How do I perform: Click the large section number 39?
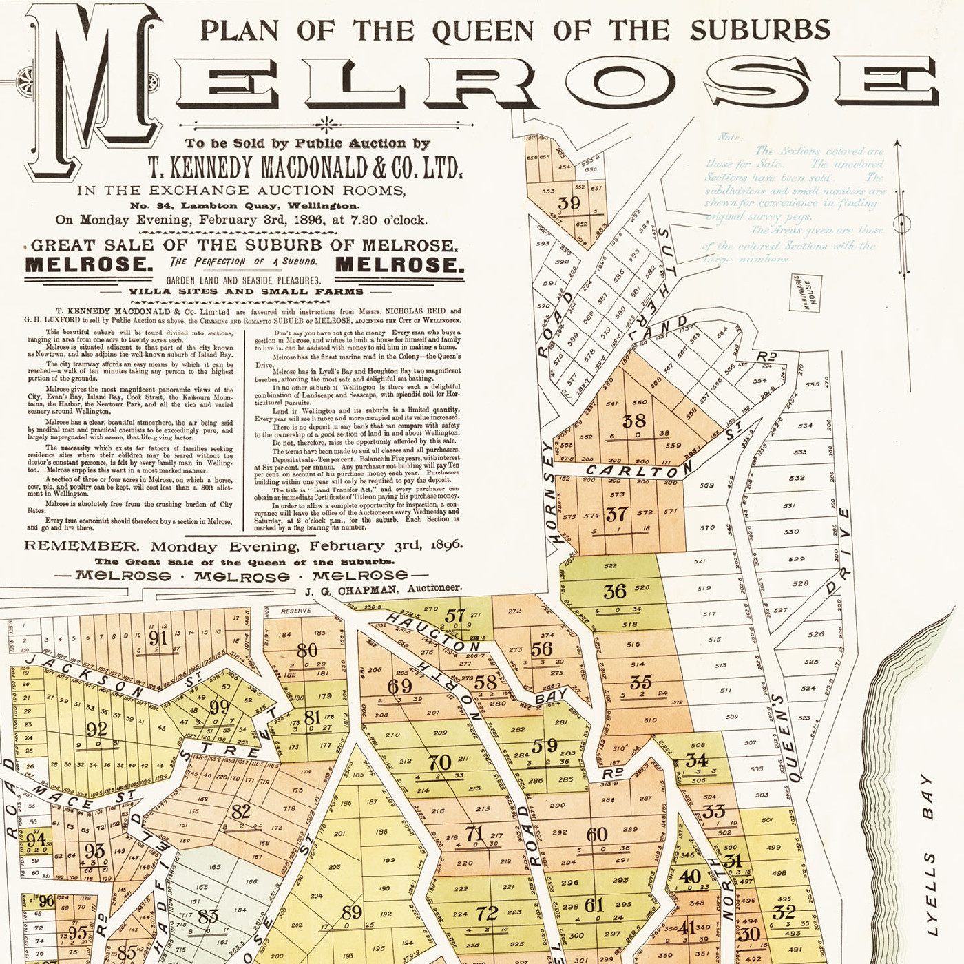click(569, 203)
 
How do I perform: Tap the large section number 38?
click(633, 421)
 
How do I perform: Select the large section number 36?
click(614, 591)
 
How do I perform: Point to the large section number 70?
click(439, 762)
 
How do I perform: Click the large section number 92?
click(96, 729)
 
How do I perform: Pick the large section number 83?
click(207, 916)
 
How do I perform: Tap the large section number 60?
click(596, 835)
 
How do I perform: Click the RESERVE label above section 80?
click(296, 611)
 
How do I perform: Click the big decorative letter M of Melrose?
click(93, 90)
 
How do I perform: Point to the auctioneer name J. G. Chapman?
click(350, 591)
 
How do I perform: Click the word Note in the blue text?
click(729, 137)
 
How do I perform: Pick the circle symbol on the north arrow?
click(900, 224)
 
